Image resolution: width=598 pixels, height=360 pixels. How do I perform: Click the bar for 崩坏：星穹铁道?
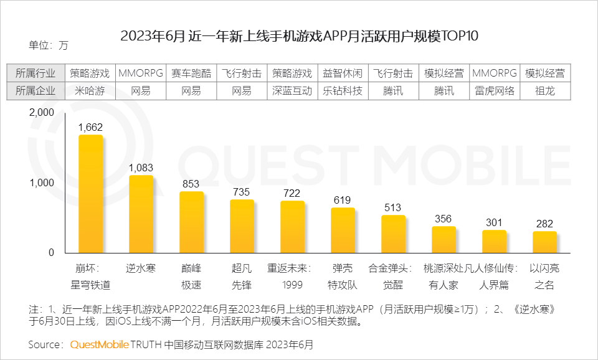click(x=90, y=194)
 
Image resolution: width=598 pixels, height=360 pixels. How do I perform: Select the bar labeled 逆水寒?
click(x=141, y=214)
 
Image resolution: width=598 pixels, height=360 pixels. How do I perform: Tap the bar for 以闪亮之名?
click(x=544, y=242)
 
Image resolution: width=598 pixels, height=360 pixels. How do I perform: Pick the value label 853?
click(x=191, y=184)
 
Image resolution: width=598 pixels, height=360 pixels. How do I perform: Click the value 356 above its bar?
click(x=444, y=219)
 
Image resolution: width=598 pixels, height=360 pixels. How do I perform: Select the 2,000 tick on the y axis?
click(x=42, y=113)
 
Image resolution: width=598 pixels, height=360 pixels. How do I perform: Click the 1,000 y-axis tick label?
click(x=42, y=183)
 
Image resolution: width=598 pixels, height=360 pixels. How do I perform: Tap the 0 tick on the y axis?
click(x=51, y=253)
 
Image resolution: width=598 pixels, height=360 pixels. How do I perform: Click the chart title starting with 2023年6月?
click(x=299, y=36)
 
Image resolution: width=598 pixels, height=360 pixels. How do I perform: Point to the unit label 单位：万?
click(x=48, y=45)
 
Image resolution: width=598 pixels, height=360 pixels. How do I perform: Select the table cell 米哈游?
click(x=90, y=90)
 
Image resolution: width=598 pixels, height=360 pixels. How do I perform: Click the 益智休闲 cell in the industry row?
click(x=343, y=73)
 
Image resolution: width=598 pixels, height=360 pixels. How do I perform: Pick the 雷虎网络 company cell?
click(x=494, y=90)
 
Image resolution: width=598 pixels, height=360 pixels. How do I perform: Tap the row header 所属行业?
click(x=36, y=73)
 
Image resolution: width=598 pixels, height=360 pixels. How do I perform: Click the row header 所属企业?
click(x=36, y=90)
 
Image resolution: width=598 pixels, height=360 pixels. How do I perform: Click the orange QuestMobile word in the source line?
click(x=98, y=344)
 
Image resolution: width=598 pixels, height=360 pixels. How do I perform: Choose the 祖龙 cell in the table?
click(x=544, y=90)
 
